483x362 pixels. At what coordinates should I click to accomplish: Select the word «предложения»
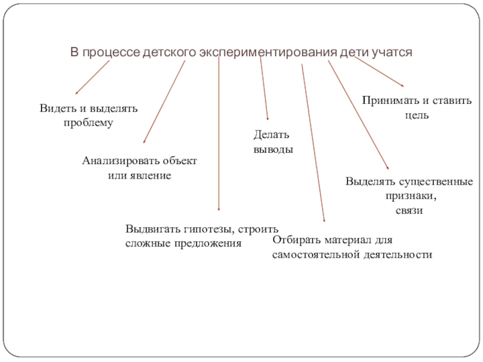210,243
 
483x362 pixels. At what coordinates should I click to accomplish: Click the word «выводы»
273,148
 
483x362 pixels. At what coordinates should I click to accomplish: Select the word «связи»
409,211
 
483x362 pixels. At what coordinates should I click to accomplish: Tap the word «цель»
417,114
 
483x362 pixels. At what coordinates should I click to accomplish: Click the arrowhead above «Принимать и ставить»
403,85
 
